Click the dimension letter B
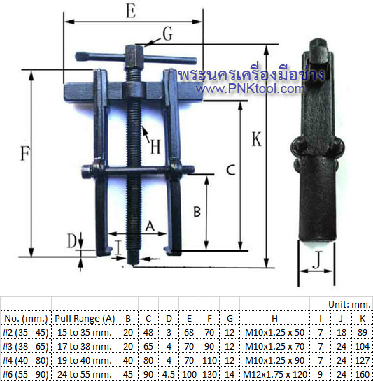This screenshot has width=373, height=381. click(x=197, y=210)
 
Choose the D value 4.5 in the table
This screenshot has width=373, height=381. click(x=168, y=374)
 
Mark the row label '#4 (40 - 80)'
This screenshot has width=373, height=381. click(x=26, y=360)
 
